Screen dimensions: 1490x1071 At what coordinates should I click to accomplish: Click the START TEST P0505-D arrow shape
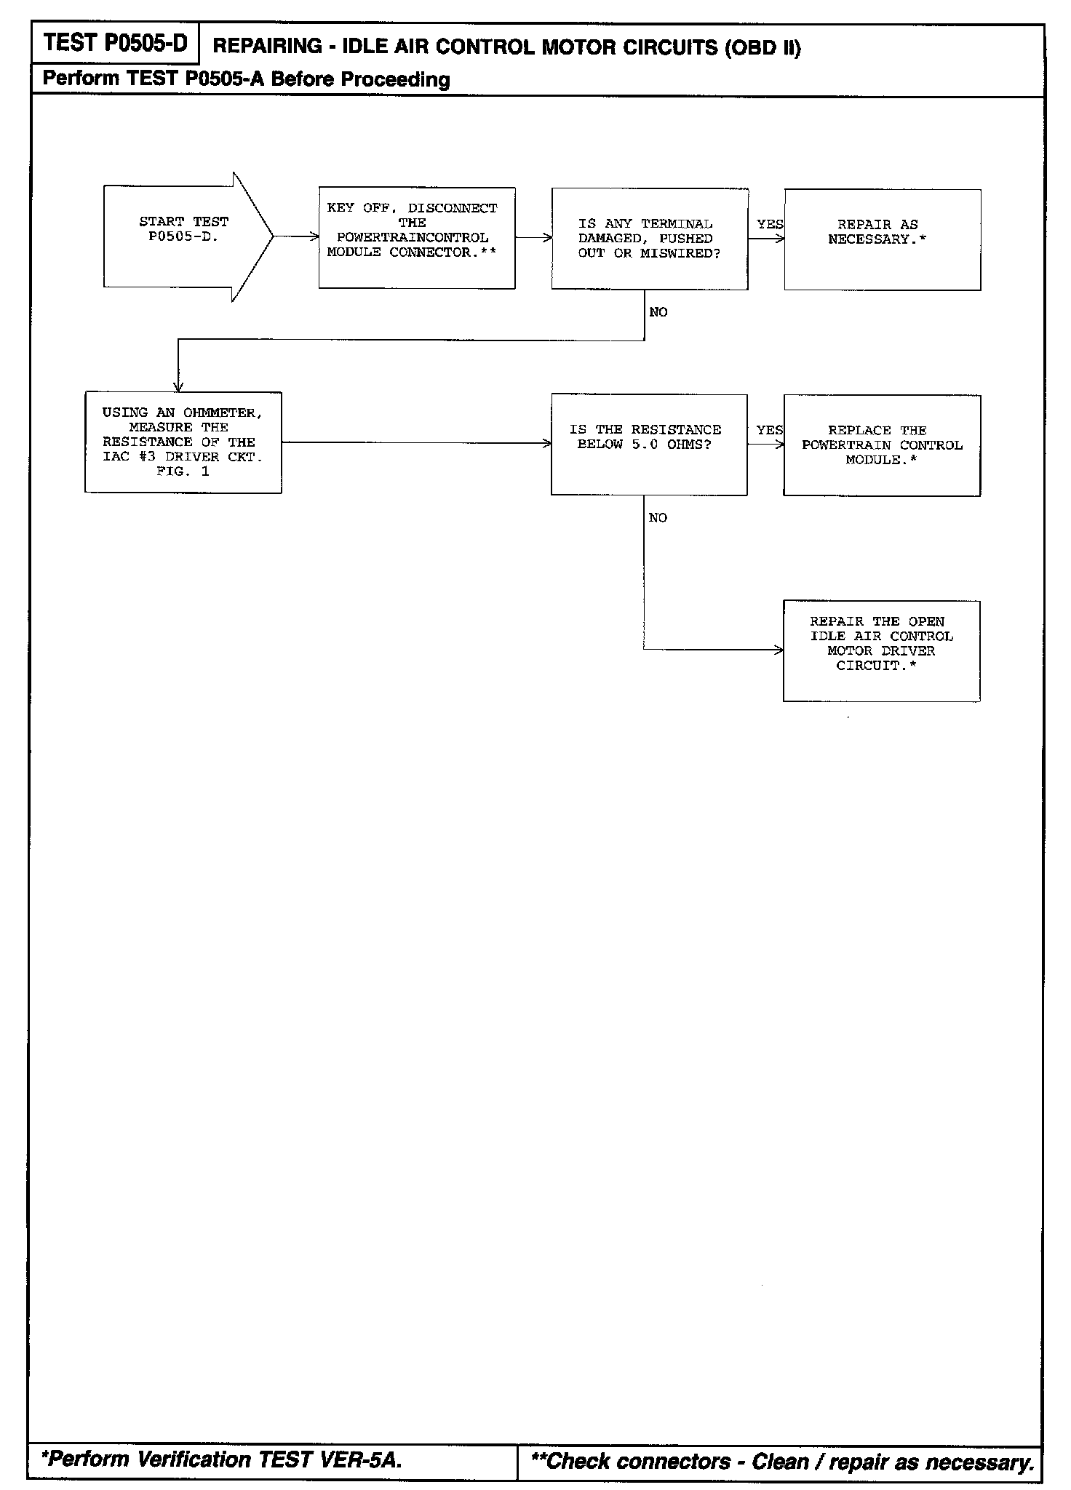182,236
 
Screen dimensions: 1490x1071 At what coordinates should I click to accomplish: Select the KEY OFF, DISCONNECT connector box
417,238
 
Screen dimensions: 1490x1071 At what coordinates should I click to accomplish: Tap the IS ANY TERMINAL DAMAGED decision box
649,239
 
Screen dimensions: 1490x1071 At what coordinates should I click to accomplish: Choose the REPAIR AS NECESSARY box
882,239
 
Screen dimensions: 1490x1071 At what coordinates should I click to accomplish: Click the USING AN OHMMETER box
183,442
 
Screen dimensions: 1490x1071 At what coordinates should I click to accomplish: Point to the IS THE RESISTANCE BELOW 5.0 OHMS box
648,445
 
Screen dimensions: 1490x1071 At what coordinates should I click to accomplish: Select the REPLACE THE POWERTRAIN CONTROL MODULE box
882,445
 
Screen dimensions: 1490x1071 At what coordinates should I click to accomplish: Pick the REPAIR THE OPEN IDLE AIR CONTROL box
881,650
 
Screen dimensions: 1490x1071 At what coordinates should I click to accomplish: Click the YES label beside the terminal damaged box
769,224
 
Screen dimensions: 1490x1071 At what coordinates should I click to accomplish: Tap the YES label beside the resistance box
769,430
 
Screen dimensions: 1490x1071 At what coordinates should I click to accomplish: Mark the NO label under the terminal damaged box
658,312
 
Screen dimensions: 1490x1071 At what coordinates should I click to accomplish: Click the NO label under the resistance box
658,518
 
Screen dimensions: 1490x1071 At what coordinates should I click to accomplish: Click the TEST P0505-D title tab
115,44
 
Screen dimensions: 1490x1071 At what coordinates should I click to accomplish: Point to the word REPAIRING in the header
267,47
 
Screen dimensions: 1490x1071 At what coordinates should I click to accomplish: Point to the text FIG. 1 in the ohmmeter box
183,471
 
